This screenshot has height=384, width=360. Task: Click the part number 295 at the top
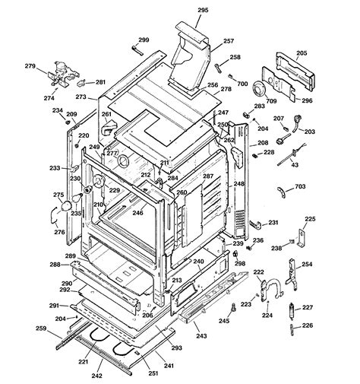coord(203,11)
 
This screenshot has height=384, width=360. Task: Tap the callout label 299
coord(144,40)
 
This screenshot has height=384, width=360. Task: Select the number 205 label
coord(302,53)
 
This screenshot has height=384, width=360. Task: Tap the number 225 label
coord(310,219)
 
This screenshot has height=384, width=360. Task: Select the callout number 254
coord(307,265)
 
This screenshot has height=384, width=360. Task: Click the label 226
coord(307,325)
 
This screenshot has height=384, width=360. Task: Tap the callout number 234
coord(57,110)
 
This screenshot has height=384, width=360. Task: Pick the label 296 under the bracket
coord(308,100)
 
